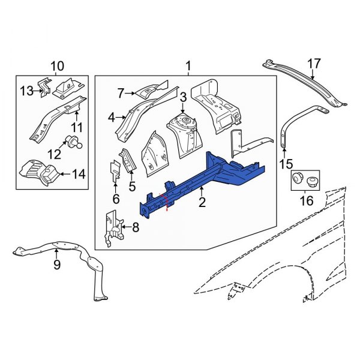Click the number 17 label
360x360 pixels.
point(314,64)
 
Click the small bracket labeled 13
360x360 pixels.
point(44,88)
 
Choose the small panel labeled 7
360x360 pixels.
point(147,91)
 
